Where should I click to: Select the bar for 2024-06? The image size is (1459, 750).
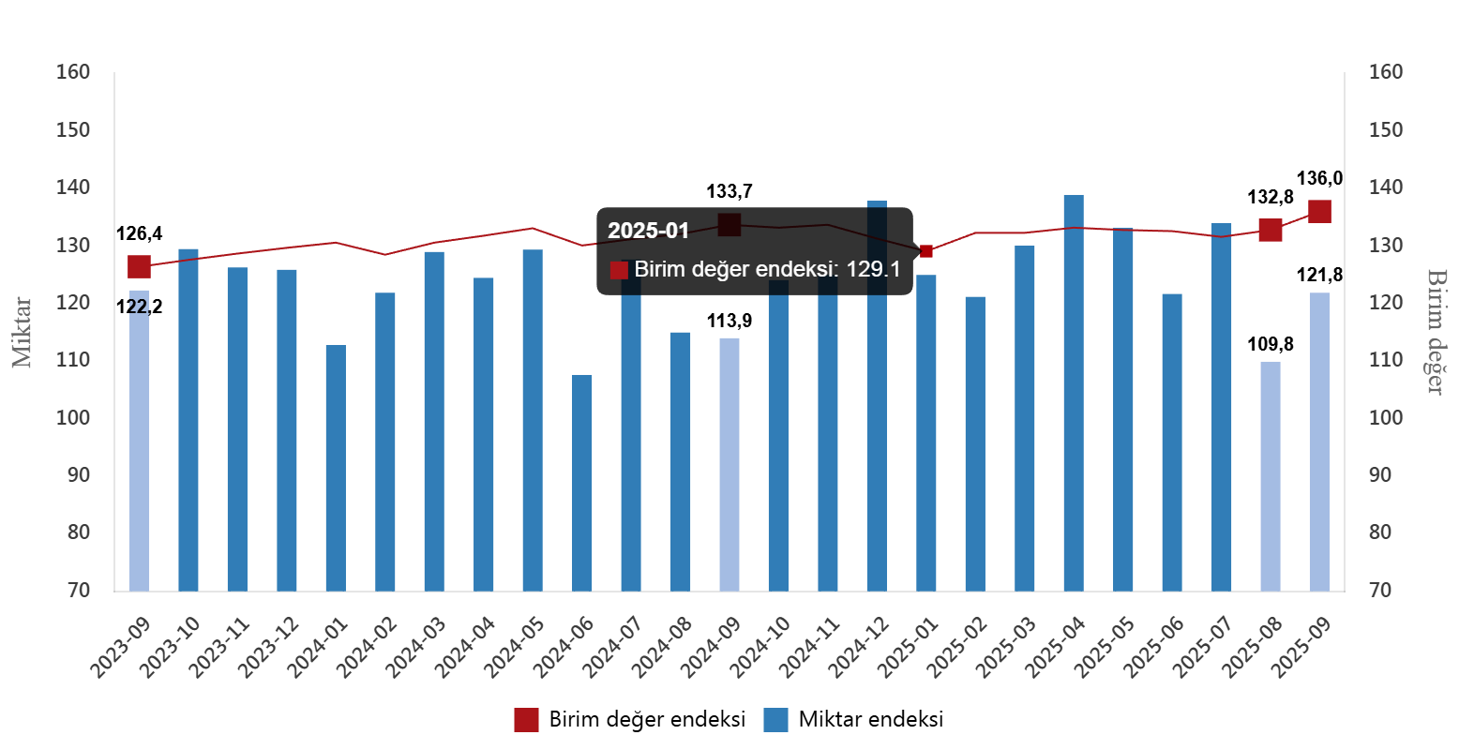(x=582, y=483)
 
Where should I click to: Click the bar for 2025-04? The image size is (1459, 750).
(x=1074, y=393)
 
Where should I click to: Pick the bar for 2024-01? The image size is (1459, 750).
(x=336, y=468)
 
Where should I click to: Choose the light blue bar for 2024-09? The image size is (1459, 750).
(x=729, y=464)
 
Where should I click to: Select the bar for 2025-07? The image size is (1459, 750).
(x=1221, y=407)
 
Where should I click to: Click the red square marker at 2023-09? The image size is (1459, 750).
(x=139, y=267)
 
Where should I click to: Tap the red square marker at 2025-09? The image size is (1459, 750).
(x=1319, y=212)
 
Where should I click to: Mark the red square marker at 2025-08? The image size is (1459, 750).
(x=1271, y=230)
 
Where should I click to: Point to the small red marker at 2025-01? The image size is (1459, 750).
(x=926, y=251)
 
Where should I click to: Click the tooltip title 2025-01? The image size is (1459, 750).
(x=648, y=231)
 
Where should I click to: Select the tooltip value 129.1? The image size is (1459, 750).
(x=873, y=270)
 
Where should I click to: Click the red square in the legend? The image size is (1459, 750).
(x=526, y=720)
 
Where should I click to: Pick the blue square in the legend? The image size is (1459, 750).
(x=775, y=720)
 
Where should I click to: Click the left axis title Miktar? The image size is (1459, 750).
(x=23, y=332)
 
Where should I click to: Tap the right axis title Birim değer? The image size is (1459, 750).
(x=1436, y=332)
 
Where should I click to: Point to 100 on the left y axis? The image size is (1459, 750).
(x=73, y=417)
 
